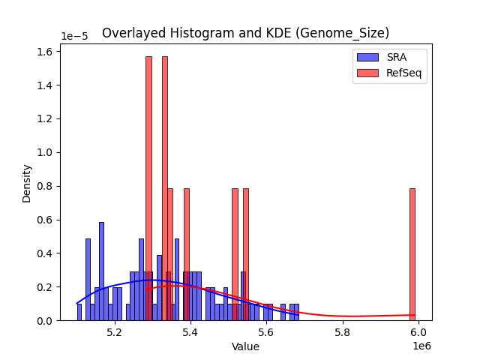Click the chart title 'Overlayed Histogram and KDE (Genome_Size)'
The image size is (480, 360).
(245, 33)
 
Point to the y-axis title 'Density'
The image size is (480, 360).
(27, 183)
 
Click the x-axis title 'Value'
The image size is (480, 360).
(245, 347)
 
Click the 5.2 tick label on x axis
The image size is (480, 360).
(114, 333)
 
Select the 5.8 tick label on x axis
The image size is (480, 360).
(343, 333)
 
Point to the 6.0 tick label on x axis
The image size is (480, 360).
(418, 333)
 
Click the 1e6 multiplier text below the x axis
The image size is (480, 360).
(420, 346)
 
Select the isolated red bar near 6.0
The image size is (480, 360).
(412, 255)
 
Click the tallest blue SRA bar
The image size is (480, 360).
(101, 271)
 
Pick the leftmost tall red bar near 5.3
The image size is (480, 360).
(148, 187)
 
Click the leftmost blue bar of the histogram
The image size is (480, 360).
(79, 312)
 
